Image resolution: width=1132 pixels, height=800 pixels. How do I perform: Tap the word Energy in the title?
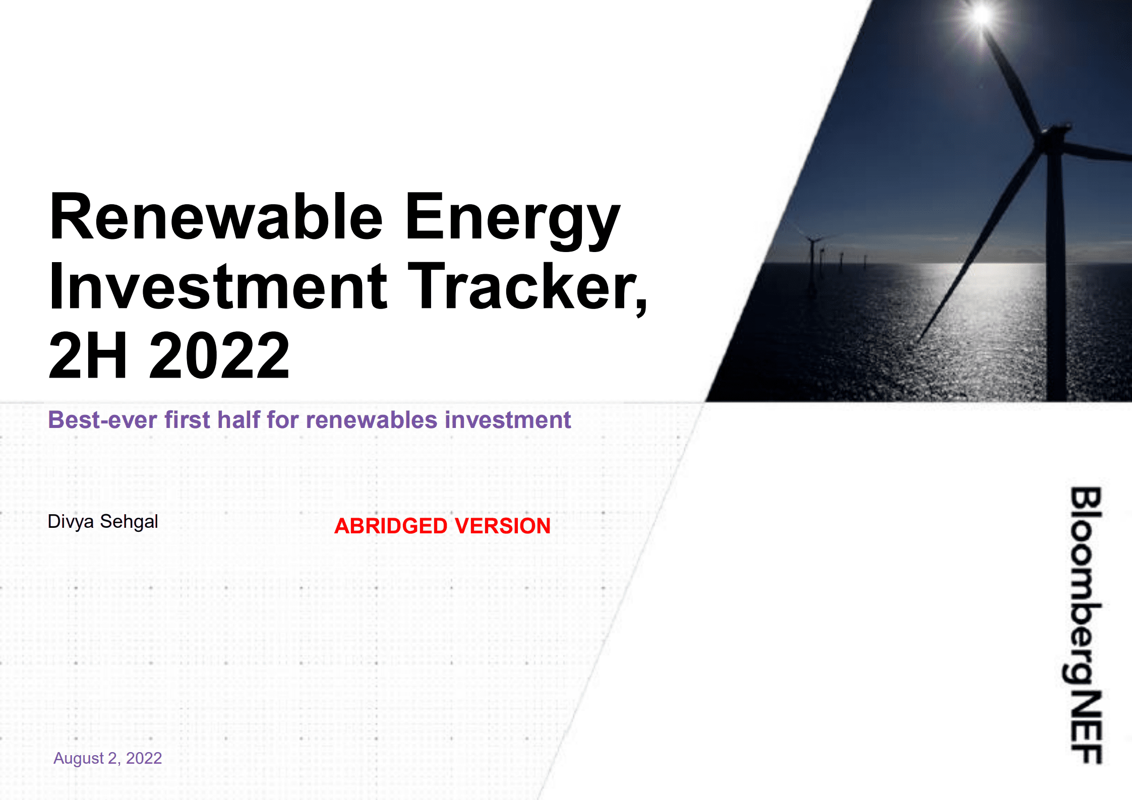511,218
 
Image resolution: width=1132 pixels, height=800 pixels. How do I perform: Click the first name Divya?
71,522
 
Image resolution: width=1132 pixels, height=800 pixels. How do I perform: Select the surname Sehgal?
129,522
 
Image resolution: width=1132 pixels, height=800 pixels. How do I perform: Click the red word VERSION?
507,526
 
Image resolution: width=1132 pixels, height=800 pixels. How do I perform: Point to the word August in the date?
78,758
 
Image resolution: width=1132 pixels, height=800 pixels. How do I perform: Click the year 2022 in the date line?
144,758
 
